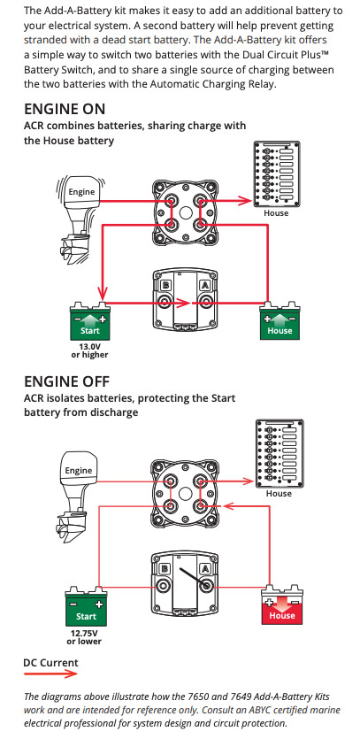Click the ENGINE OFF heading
coord(67,381)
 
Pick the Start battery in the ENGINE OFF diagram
coord(86,610)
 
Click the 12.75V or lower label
coord(86,637)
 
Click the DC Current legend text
coord(51,662)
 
